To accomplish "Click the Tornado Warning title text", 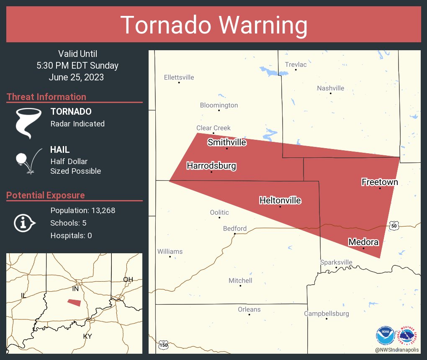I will point(213,25).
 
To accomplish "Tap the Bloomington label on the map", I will point(219,105).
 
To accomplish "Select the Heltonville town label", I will point(280,201).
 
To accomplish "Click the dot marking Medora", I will point(363,248).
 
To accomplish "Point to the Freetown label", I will point(380,182).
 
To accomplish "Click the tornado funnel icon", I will point(28,123).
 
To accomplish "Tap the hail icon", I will point(28,160).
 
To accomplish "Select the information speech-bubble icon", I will point(24,223).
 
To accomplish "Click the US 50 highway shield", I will point(393,225).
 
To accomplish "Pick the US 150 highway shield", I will point(163,345).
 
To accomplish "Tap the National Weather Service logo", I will point(408,335).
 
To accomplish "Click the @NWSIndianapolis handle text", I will point(397,350).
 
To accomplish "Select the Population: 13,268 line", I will point(82,210).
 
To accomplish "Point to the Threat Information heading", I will point(46,97).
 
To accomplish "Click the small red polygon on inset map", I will point(74,302).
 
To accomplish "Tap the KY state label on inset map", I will point(87,336).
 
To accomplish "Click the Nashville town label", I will point(330,88).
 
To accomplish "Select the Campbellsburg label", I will point(326,314).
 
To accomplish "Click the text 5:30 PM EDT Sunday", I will point(77,66).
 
